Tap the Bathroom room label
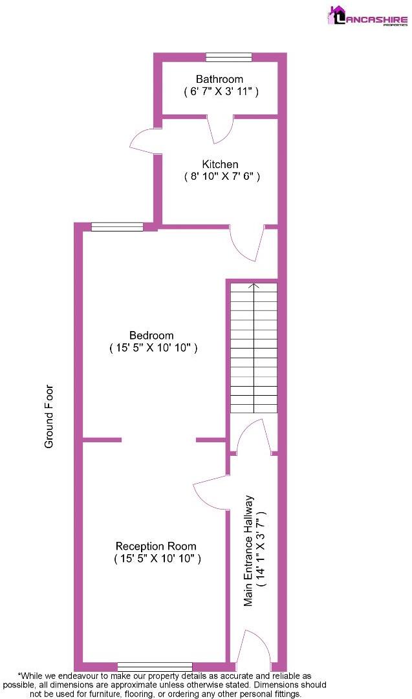coord(220,80)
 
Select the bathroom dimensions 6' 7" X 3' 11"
coord(221,92)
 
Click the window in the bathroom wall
coord(229,57)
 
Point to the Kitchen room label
coord(221,164)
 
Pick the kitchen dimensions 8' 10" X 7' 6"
coord(222,177)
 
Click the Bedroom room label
coord(151,335)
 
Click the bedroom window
coord(117,227)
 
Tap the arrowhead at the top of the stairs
coord(254,286)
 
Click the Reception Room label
coord(156,546)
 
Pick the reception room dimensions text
coord(157,558)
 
